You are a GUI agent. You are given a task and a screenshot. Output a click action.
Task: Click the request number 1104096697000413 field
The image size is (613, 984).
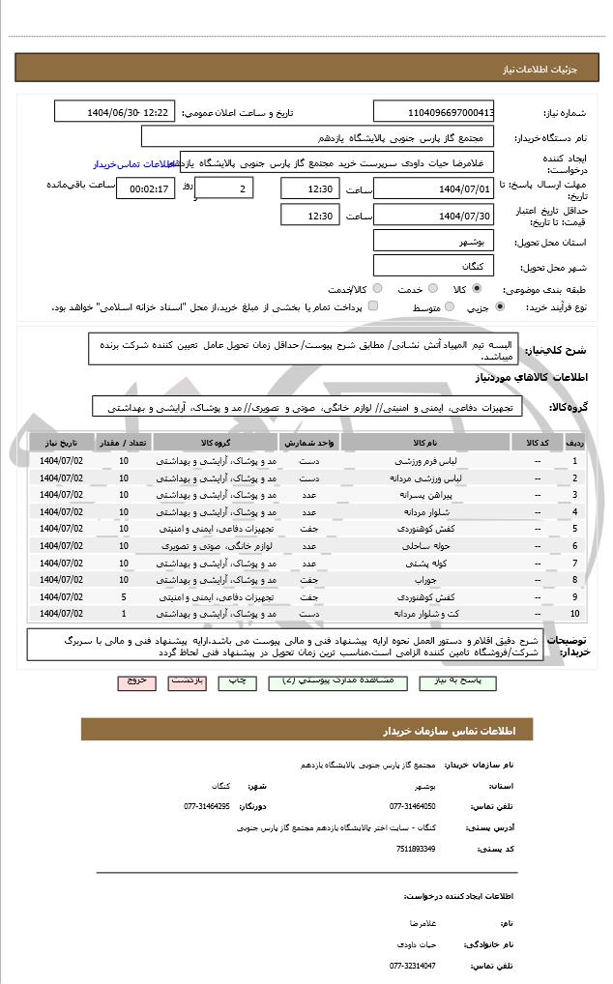[434, 112]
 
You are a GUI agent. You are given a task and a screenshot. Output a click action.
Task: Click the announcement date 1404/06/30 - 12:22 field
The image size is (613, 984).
[115, 112]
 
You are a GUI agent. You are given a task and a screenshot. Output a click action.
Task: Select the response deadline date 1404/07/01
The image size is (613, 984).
[434, 188]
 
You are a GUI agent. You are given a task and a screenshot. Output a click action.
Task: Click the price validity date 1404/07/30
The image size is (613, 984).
[434, 215]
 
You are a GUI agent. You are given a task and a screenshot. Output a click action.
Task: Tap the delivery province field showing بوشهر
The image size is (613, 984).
[434, 241]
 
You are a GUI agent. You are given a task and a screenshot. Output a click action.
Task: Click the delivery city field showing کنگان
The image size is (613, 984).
[434, 265]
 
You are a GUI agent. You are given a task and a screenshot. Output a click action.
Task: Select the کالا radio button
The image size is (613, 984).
[477, 288]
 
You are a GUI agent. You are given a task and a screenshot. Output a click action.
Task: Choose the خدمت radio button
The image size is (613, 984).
[431, 288]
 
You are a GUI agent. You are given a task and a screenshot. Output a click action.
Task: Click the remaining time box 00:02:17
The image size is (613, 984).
[145, 188]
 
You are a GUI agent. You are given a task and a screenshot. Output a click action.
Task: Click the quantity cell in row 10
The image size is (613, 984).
[124, 614]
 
